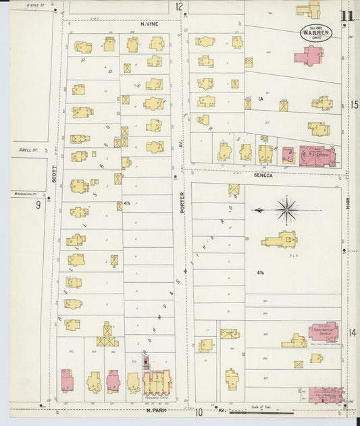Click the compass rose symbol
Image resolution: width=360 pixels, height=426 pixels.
coord(287,210)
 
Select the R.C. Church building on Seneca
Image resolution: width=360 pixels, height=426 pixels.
coord(316,155)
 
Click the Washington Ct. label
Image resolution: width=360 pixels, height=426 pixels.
coord(23,194)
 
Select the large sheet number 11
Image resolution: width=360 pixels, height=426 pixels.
coord(347,16)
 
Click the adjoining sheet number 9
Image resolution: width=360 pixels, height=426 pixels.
coord(38,204)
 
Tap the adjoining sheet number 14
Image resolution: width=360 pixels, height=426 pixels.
coord(352,332)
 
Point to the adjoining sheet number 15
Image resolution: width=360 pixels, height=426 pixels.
coord(353,105)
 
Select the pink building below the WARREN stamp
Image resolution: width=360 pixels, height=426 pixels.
coord(309,55)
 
